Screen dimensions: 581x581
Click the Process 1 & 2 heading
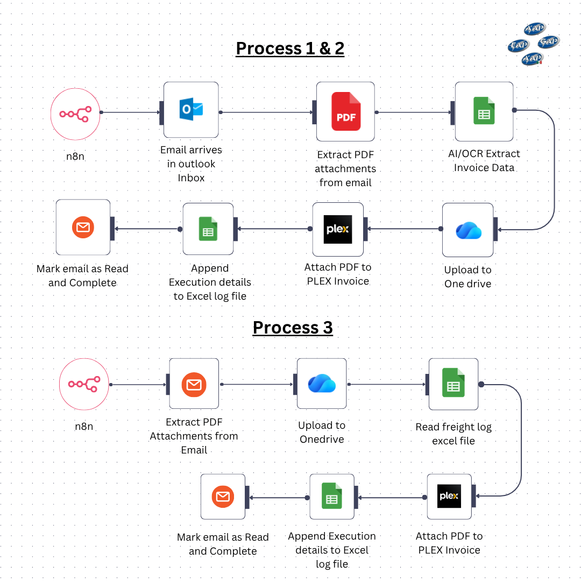tap(290, 48)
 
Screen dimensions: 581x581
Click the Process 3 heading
tap(293, 328)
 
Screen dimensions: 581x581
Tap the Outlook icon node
tap(191, 109)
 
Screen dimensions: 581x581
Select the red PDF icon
tap(346, 111)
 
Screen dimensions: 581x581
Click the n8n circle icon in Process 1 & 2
tap(75, 114)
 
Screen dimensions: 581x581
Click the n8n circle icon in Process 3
tap(84, 384)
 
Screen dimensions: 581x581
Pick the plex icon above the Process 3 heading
tap(338, 229)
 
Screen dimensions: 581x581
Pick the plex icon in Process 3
tap(449, 496)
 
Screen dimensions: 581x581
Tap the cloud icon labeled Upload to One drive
tap(468, 230)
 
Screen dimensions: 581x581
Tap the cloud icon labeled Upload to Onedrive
tap(322, 384)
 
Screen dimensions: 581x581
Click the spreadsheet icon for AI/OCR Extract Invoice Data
tap(484, 111)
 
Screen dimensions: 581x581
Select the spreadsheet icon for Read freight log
tap(453, 383)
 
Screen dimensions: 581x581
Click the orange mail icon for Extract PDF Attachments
tap(194, 384)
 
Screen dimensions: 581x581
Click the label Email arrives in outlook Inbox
tap(191, 164)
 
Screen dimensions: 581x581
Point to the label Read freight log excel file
tap(454, 434)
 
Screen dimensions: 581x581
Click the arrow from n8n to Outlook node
tap(131, 112)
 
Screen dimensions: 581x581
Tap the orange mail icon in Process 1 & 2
tap(83, 228)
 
